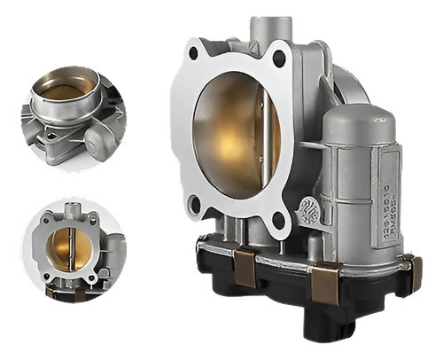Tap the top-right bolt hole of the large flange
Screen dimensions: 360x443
pyautogui.click(x=279, y=59)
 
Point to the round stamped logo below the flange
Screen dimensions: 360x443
pyautogui.click(x=309, y=210)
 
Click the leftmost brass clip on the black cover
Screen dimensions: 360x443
pyautogui.click(x=244, y=266)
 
